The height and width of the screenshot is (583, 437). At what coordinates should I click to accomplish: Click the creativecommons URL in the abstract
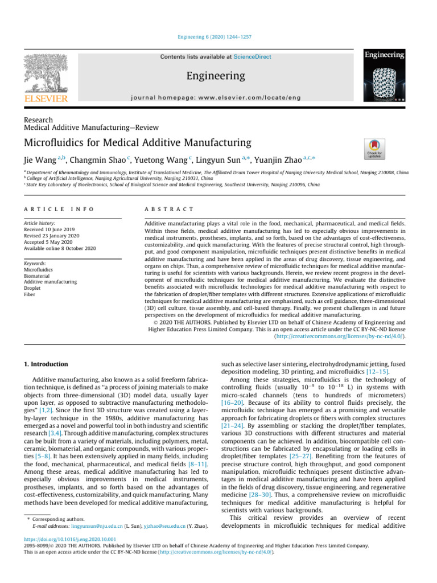341,336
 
